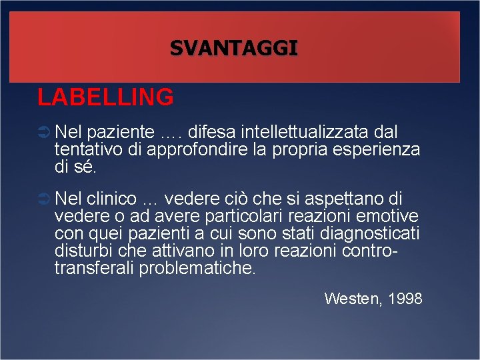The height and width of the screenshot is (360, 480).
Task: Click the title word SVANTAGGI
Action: click(x=233, y=48)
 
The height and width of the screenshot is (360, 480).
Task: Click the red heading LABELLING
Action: click(x=105, y=97)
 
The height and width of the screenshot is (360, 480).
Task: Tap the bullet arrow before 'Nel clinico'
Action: click(x=44, y=199)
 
